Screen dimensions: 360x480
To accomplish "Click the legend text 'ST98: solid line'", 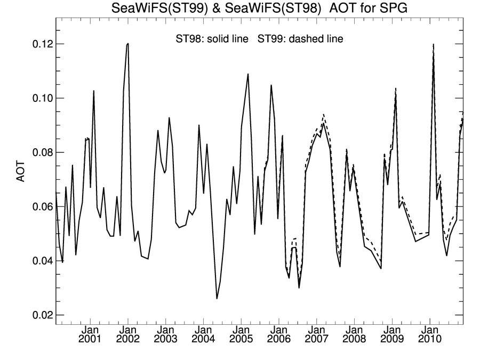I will tap(212, 39).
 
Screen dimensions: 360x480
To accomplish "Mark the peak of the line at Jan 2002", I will tap(128, 43).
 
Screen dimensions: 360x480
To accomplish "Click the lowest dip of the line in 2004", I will tap(217, 299).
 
